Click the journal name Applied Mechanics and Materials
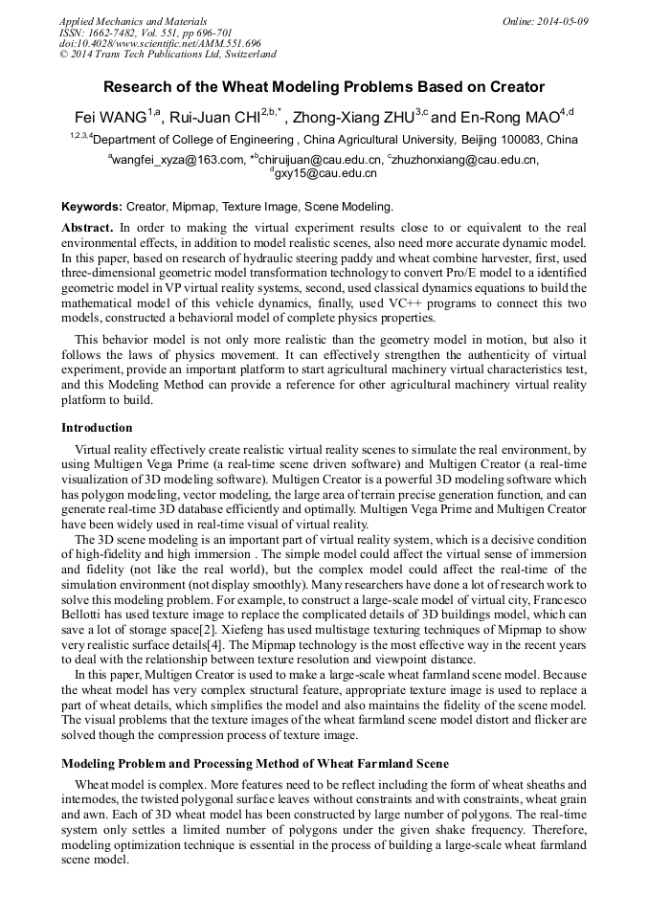click(133, 21)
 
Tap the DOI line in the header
click(160, 43)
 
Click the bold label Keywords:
click(92, 206)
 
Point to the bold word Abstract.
click(87, 229)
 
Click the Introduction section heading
click(97, 427)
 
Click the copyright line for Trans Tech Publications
click(168, 55)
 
